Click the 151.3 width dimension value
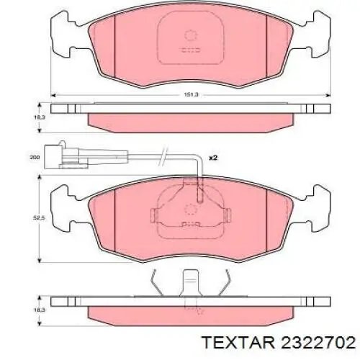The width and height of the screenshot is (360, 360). coord(191,95)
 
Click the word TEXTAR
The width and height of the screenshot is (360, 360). coord(239,342)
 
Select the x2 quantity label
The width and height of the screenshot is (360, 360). coord(213,158)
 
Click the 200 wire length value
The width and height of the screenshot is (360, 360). coord(35,158)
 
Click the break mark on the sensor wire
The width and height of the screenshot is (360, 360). coord(163,156)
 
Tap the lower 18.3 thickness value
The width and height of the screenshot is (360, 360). coord(37,310)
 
